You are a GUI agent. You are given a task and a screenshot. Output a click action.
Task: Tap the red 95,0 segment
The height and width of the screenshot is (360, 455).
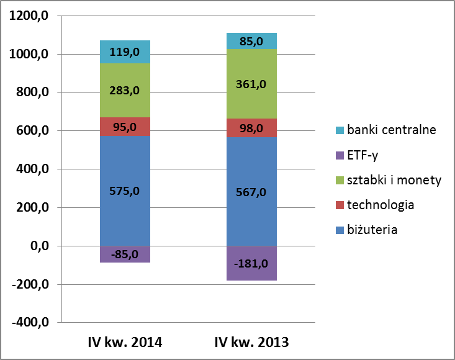tap(125, 126)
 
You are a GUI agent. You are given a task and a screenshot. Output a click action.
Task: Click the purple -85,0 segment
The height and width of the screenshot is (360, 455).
tap(125, 254)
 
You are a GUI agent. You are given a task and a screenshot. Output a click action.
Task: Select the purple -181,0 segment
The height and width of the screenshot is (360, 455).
tap(251, 263)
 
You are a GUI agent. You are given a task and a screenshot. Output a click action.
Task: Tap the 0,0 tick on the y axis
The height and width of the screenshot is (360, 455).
tap(36, 246)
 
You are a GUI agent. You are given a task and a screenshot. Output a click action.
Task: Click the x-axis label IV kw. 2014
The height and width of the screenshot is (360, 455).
tap(125, 342)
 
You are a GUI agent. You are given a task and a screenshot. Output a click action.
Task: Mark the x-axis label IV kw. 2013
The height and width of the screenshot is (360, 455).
tap(251, 342)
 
